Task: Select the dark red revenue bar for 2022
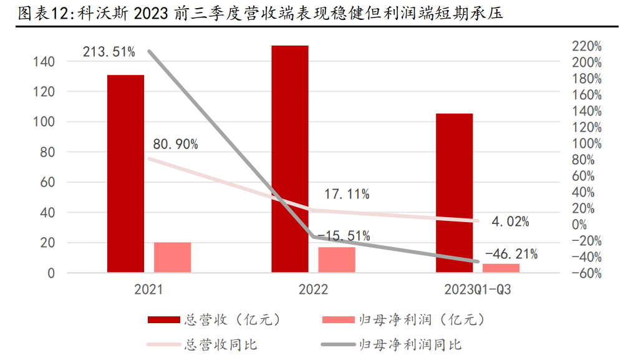tap(289, 159)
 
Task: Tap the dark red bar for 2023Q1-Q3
tap(454, 193)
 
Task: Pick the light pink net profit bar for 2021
tap(172, 257)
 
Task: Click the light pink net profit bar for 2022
tap(337, 260)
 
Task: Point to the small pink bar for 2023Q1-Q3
tap(501, 268)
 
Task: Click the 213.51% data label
tap(109, 52)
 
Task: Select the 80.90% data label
tap(175, 145)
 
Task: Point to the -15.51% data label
tap(344, 236)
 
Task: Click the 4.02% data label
tap(510, 221)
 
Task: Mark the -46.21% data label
tap(511, 254)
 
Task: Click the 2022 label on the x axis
tap(313, 289)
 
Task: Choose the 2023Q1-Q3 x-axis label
tap(478, 289)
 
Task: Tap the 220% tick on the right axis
tap(587, 46)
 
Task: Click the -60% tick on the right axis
tap(587, 273)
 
